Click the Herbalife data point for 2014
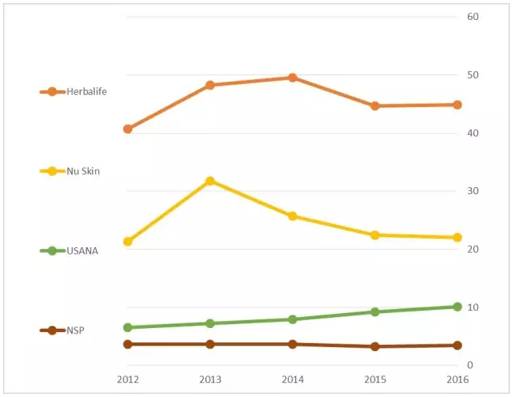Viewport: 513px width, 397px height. click(x=292, y=78)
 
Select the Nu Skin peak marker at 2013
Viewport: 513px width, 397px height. click(x=210, y=181)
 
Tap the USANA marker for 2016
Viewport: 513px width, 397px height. click(x=457, y=307)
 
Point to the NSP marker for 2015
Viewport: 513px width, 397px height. click(x=374, y=346)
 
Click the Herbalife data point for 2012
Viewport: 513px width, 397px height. click(x=127, y=128)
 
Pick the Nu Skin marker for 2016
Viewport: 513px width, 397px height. click(x=457, y=237)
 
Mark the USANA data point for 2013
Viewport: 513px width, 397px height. click(x=210, y=323)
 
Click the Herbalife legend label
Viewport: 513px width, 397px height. click(x=87, y=91)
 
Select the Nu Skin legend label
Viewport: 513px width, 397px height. click(x=83, y=170)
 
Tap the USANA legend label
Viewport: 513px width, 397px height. click(x=82, y=250)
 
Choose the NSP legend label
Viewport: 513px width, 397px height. click(x=76, y=330)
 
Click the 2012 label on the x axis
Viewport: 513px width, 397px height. click(x=127, y=379)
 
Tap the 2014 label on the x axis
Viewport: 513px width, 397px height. click(x=292, y=379)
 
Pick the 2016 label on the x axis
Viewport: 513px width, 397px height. click(x=457, y=379)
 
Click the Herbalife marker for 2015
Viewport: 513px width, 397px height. click(x=374, y=105)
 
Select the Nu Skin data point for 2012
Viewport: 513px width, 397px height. click(x=127, y=241)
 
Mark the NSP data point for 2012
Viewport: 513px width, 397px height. click(x=127, y=344)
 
